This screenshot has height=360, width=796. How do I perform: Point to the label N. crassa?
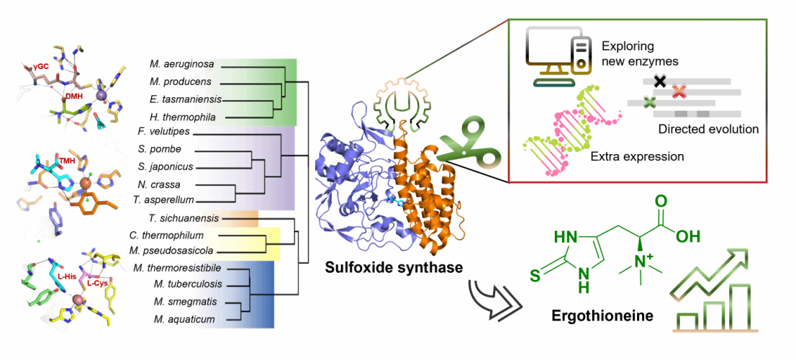(163, 183)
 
